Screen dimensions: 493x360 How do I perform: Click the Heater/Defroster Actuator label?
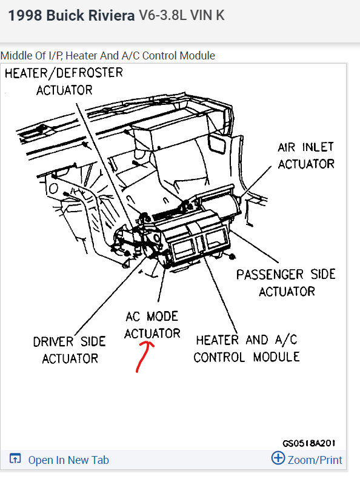64,81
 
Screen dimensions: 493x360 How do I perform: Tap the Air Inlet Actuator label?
305,155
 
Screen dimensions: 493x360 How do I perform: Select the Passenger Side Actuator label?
285,282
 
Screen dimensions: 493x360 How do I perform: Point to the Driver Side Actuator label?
70,350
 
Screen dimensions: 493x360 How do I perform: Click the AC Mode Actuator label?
152,324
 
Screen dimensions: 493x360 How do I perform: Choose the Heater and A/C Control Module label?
246,348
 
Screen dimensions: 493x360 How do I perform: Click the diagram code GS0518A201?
309,443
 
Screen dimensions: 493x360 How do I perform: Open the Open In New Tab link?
68,460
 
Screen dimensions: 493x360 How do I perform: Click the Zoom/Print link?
315,460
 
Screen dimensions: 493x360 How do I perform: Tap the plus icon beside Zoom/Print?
278,458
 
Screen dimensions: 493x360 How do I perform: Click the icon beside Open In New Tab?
16,460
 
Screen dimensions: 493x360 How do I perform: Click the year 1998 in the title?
24,16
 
